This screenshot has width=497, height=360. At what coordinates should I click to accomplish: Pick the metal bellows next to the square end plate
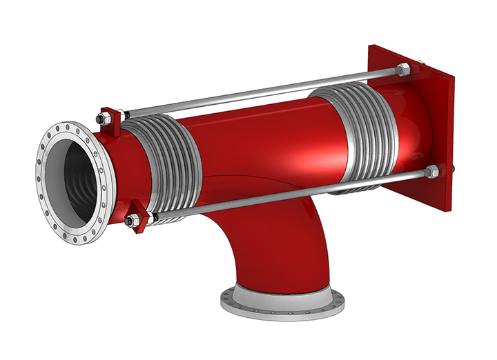coord(359,134)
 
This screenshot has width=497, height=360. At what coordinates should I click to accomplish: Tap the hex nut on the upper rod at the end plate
coord(403,69)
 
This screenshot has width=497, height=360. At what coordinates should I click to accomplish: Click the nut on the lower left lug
coord(129,221)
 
